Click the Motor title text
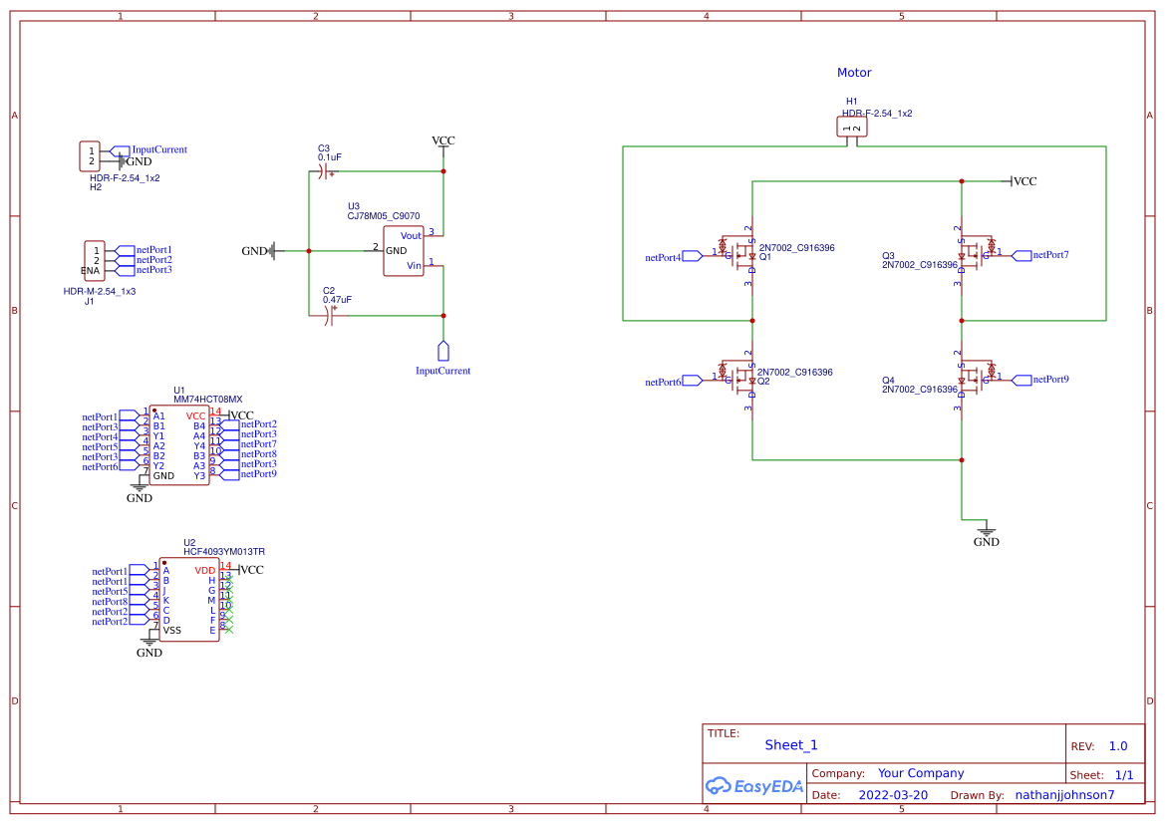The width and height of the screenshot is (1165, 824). [854, 73]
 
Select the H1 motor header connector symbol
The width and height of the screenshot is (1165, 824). [851, 127]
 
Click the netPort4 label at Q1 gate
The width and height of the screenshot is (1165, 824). [664, 258]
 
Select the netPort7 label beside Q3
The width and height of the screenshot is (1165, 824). [1050, 255]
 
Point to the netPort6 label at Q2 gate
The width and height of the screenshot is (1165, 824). [664, 382]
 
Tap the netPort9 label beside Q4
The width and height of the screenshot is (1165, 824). [1050, 380]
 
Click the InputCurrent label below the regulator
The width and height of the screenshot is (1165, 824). [442, 371]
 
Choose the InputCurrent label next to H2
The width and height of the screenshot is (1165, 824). [159, 149]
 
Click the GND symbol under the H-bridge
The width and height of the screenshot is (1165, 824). [986, 533]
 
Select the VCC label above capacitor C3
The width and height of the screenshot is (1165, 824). [442, 140]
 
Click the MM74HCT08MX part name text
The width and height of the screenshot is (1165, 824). [207, 400]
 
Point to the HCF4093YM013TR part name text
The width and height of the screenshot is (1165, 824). [224, 551]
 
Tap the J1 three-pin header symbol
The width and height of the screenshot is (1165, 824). [95, 260]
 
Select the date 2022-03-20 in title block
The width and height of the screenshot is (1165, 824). [893, 795]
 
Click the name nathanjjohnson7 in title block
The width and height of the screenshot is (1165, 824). [1064, 795]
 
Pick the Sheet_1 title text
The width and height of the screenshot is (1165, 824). [791, 745]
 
